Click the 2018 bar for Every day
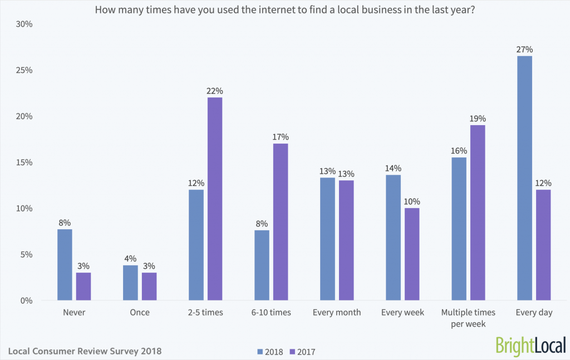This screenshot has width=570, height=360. [x=524, y=178]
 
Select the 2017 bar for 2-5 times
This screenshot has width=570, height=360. [x=214, y=199]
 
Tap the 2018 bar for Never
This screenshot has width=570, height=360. [x=65, y=265]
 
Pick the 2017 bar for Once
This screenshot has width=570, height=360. [x=149, y=287]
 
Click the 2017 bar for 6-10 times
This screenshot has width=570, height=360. [x=281, y=222]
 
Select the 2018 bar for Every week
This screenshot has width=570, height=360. [x=393, y=238]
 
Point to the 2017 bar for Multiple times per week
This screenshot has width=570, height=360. [x=478, y=213]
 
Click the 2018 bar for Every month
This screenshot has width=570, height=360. [x=327, y=239]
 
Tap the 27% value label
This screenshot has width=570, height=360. [x=524, y=49]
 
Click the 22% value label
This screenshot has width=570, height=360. [x=214, y=91]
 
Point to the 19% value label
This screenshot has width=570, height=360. [x=478, y=118]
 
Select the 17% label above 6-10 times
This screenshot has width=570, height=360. [x=281, y=137]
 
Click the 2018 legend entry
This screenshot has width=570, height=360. [x=270, y=352]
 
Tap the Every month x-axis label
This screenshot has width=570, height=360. [x=336, y=313]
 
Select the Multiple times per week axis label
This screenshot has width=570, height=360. [x=468, y=318]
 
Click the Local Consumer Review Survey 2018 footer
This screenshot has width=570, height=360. [x=85, y=351]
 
